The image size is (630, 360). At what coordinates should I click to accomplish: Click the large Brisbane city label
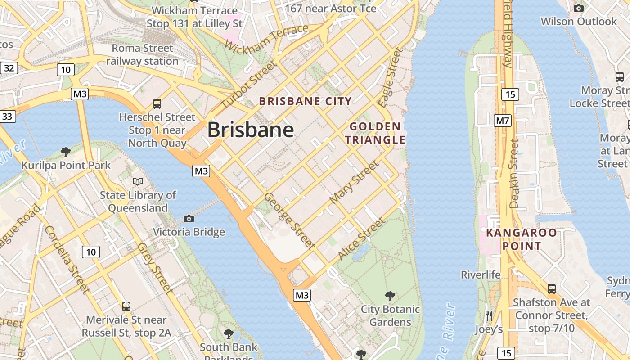tap(251, 130)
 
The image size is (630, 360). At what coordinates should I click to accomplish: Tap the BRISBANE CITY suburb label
tap(306, 101)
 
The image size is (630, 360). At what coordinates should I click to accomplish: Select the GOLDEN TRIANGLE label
tap(375, 133)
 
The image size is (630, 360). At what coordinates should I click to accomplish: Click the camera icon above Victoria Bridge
tap(189, 219)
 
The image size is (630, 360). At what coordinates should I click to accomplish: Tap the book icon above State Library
tap(138, 181)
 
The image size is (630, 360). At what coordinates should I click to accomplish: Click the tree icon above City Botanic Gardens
tap(390, 296)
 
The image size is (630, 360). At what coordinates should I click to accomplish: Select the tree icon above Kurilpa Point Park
tap(66, 152)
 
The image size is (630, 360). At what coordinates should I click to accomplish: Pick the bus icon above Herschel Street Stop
tap(157, 104)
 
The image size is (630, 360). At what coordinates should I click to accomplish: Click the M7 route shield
tap(503, 121)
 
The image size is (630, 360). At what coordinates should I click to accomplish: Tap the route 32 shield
tap(9, 68)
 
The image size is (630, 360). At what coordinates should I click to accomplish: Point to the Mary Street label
tap(354, 181)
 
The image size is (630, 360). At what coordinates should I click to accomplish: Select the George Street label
tap(288, 220)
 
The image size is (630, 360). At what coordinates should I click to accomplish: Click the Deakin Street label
tap(514, 173)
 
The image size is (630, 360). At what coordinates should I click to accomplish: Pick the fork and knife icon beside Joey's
tap(489, 316)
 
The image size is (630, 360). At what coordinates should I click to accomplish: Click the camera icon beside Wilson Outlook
tap(579, 8)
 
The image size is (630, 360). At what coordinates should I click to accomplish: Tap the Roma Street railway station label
tap(142, 54)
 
